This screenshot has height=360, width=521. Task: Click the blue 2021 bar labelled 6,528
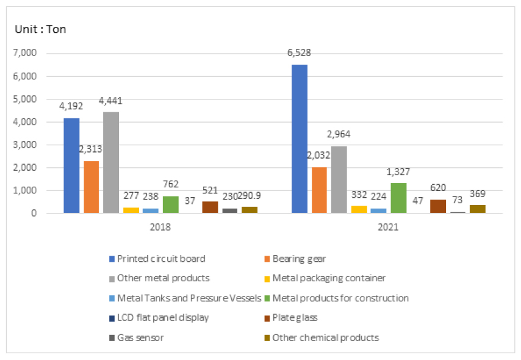300,139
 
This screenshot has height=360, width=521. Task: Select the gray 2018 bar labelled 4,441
111,163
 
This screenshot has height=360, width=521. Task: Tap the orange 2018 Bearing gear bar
92,187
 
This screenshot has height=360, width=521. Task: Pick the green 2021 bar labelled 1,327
398,198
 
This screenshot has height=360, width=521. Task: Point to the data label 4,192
71,106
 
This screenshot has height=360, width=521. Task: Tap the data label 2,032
319,155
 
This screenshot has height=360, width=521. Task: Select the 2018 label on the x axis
160,227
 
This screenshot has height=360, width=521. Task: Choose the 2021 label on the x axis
388,227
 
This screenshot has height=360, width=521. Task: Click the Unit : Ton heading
41,29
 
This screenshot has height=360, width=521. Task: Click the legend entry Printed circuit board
160,258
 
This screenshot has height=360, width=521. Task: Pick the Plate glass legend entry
295,317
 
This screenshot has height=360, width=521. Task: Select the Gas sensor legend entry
140,337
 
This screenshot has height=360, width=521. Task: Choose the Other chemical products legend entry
325,337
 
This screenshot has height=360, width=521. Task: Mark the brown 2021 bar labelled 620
438,206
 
